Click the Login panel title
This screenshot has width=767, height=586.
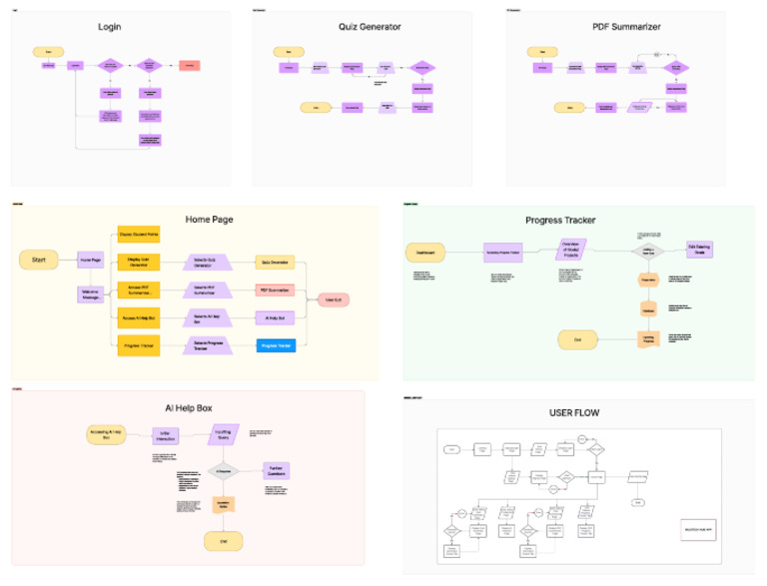tap(109, 26)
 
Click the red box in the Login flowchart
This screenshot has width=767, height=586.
tap(189, 66)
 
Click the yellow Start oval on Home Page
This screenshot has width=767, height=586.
tap(39, 261)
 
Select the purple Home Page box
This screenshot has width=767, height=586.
tap(91, 261)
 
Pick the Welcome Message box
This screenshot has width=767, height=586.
tap(91, 294)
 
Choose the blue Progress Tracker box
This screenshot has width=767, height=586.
tap(277, 345)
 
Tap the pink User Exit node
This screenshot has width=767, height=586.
tap(333, 298)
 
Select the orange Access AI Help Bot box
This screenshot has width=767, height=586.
tap(139, 317)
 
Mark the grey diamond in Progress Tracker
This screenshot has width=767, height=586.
tap(647, 251)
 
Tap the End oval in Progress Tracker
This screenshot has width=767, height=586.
tap(577, 339)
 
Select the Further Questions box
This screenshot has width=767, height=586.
tap(277, 470)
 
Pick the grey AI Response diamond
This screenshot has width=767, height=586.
tap(224, 470)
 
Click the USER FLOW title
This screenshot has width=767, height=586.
tap(574, 412)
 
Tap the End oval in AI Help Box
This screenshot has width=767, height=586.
tap(224, 540)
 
